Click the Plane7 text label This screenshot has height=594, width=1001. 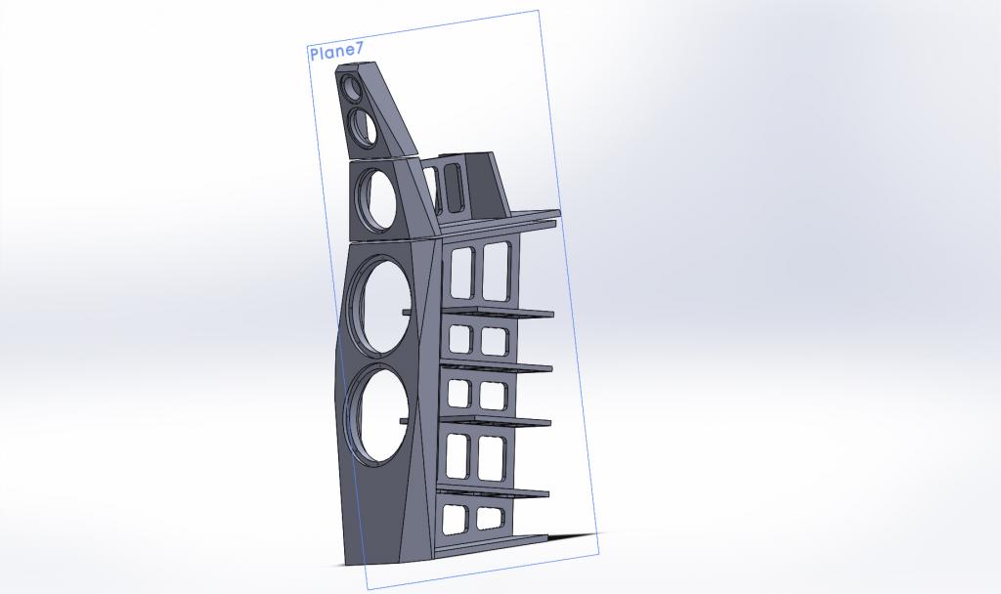click(x=336, y=53)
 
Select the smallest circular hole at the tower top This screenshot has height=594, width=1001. click(x=352, y=88)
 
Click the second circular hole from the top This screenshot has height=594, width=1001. click(x=363, y=126)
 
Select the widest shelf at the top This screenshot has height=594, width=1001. click(x=500, y=222)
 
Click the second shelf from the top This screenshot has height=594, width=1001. click(x=496, y=313)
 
